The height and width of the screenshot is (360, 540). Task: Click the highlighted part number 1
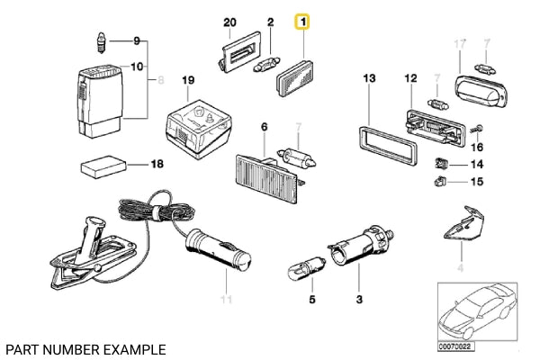303,21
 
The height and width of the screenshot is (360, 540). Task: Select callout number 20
229,21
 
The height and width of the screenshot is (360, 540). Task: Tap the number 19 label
188,81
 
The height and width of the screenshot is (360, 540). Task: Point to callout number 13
369,80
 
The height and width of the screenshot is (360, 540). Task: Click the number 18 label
157,165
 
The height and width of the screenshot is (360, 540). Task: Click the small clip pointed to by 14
442,164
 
